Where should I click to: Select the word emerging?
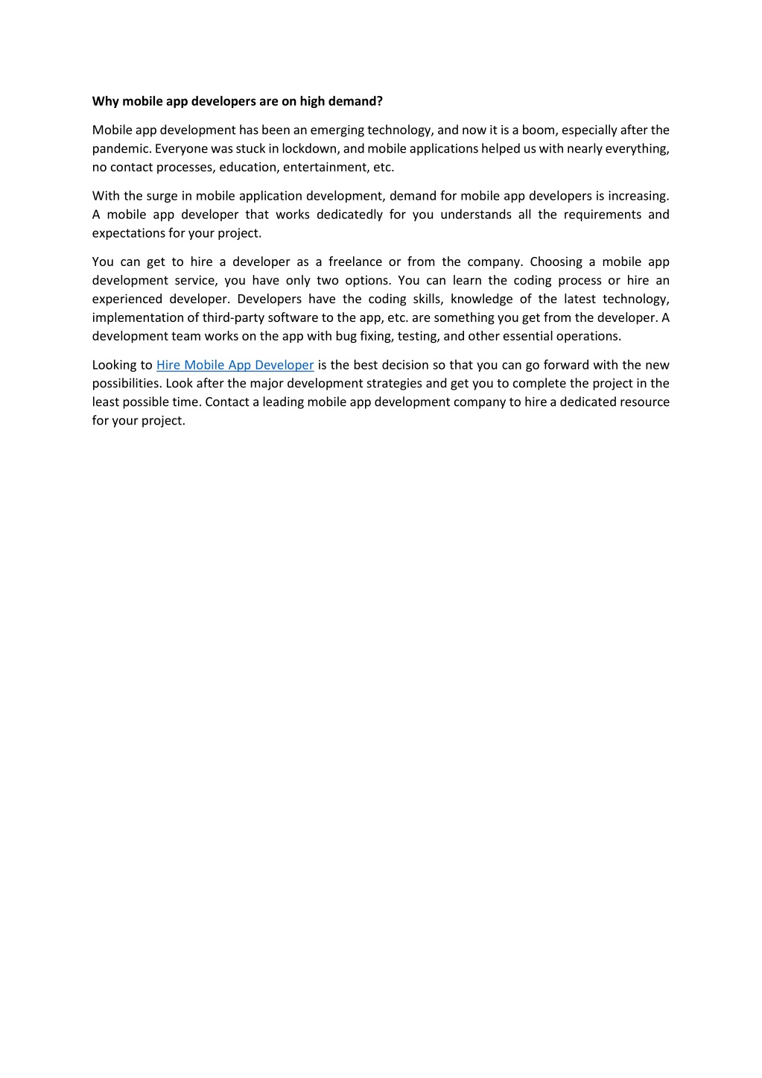(x=337, y=130)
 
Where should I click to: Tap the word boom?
(x=537, y=130)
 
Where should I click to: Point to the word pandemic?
(x=121, y=149)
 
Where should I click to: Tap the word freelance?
(x=355, y=261)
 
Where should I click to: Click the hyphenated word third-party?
(x=235, y=317)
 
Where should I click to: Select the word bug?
(x=346, y=336)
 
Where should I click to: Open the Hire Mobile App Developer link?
(x=235, y=365)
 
